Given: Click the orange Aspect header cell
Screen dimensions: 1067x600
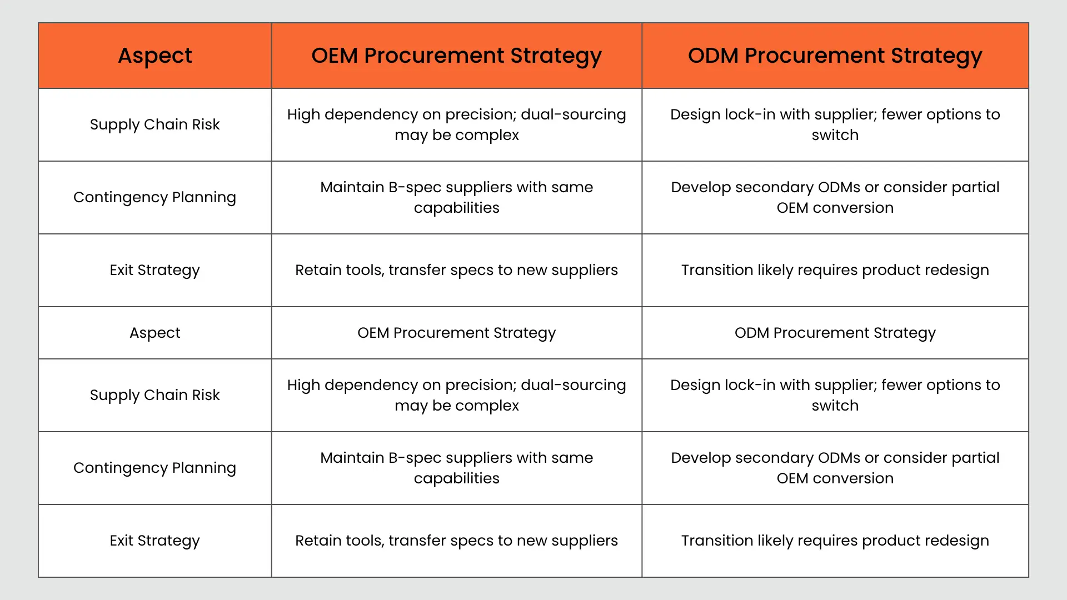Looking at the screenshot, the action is pos(155,56).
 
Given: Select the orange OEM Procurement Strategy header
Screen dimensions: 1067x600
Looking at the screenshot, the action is pos(456,56).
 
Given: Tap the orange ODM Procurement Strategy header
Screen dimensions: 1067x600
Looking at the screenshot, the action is pos(835,56).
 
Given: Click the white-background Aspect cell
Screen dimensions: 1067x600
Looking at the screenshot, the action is pos(155,333).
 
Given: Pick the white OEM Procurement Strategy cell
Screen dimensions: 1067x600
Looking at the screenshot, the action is pos(456,333).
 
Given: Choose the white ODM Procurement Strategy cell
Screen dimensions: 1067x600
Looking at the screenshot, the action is pos(835,333).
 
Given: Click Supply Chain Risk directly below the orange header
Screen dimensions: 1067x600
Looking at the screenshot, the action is pos(155,124).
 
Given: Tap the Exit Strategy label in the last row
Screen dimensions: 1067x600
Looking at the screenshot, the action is pos(155,541).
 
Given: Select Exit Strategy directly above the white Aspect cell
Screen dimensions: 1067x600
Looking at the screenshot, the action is pos(155,270).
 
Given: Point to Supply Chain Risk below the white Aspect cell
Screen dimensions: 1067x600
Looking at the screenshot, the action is pos(155,395).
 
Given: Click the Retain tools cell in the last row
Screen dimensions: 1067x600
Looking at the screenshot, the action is pos(456,541).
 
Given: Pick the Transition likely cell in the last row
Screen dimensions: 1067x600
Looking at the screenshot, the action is pos(835,541).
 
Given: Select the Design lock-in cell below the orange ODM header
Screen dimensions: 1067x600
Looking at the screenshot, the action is pos(835,124).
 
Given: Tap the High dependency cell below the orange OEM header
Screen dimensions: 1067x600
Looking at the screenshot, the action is pos(456,124).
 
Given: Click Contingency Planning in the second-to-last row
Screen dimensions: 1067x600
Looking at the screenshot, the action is pos(155,468).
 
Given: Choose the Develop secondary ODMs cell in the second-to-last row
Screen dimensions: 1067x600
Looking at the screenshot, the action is pos(835,468).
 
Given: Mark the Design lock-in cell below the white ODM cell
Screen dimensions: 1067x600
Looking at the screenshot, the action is pos(835,395).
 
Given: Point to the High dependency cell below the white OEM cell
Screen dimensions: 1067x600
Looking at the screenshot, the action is pos(456,395).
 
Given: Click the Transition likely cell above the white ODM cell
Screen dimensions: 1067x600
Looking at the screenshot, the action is pos(835,270).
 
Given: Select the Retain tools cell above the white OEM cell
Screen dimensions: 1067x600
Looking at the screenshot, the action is pos(456,270).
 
